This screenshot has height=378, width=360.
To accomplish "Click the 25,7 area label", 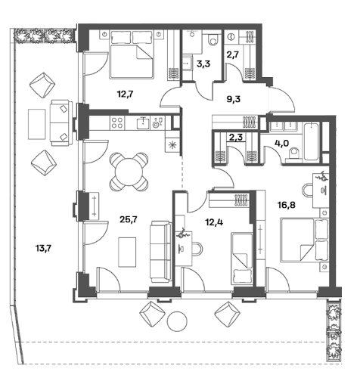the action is (129, 220).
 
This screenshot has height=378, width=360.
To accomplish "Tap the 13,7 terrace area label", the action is (43, 249).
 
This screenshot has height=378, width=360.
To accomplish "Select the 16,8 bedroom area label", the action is (287, 205).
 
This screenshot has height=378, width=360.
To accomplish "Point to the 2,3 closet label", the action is (236, 138).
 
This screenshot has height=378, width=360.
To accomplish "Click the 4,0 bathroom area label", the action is (282, 144).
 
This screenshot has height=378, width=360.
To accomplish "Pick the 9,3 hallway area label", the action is (234, 99).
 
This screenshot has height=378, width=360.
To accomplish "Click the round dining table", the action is (129, 172).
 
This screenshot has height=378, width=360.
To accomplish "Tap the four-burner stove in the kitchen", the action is (117, 122).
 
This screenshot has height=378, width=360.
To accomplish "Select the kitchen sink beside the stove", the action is (144, 123).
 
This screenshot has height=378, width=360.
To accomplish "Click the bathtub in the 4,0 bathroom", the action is (312, 141).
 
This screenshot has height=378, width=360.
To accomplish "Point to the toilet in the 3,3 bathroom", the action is (215, 39).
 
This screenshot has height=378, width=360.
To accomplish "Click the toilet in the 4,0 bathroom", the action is (294, 153).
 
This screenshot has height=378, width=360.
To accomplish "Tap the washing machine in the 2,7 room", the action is (231, 37).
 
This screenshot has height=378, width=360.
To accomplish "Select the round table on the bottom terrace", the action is (177, 321).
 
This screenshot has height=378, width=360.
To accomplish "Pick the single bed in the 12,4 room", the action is (242, 259).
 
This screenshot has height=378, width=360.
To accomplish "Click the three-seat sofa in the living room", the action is (160, 252).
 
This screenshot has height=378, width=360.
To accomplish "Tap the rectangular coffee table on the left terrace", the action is (37, 124).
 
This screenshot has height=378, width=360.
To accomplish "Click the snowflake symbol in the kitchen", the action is (172, 145).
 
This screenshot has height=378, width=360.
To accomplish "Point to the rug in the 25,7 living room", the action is (127, 252).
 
